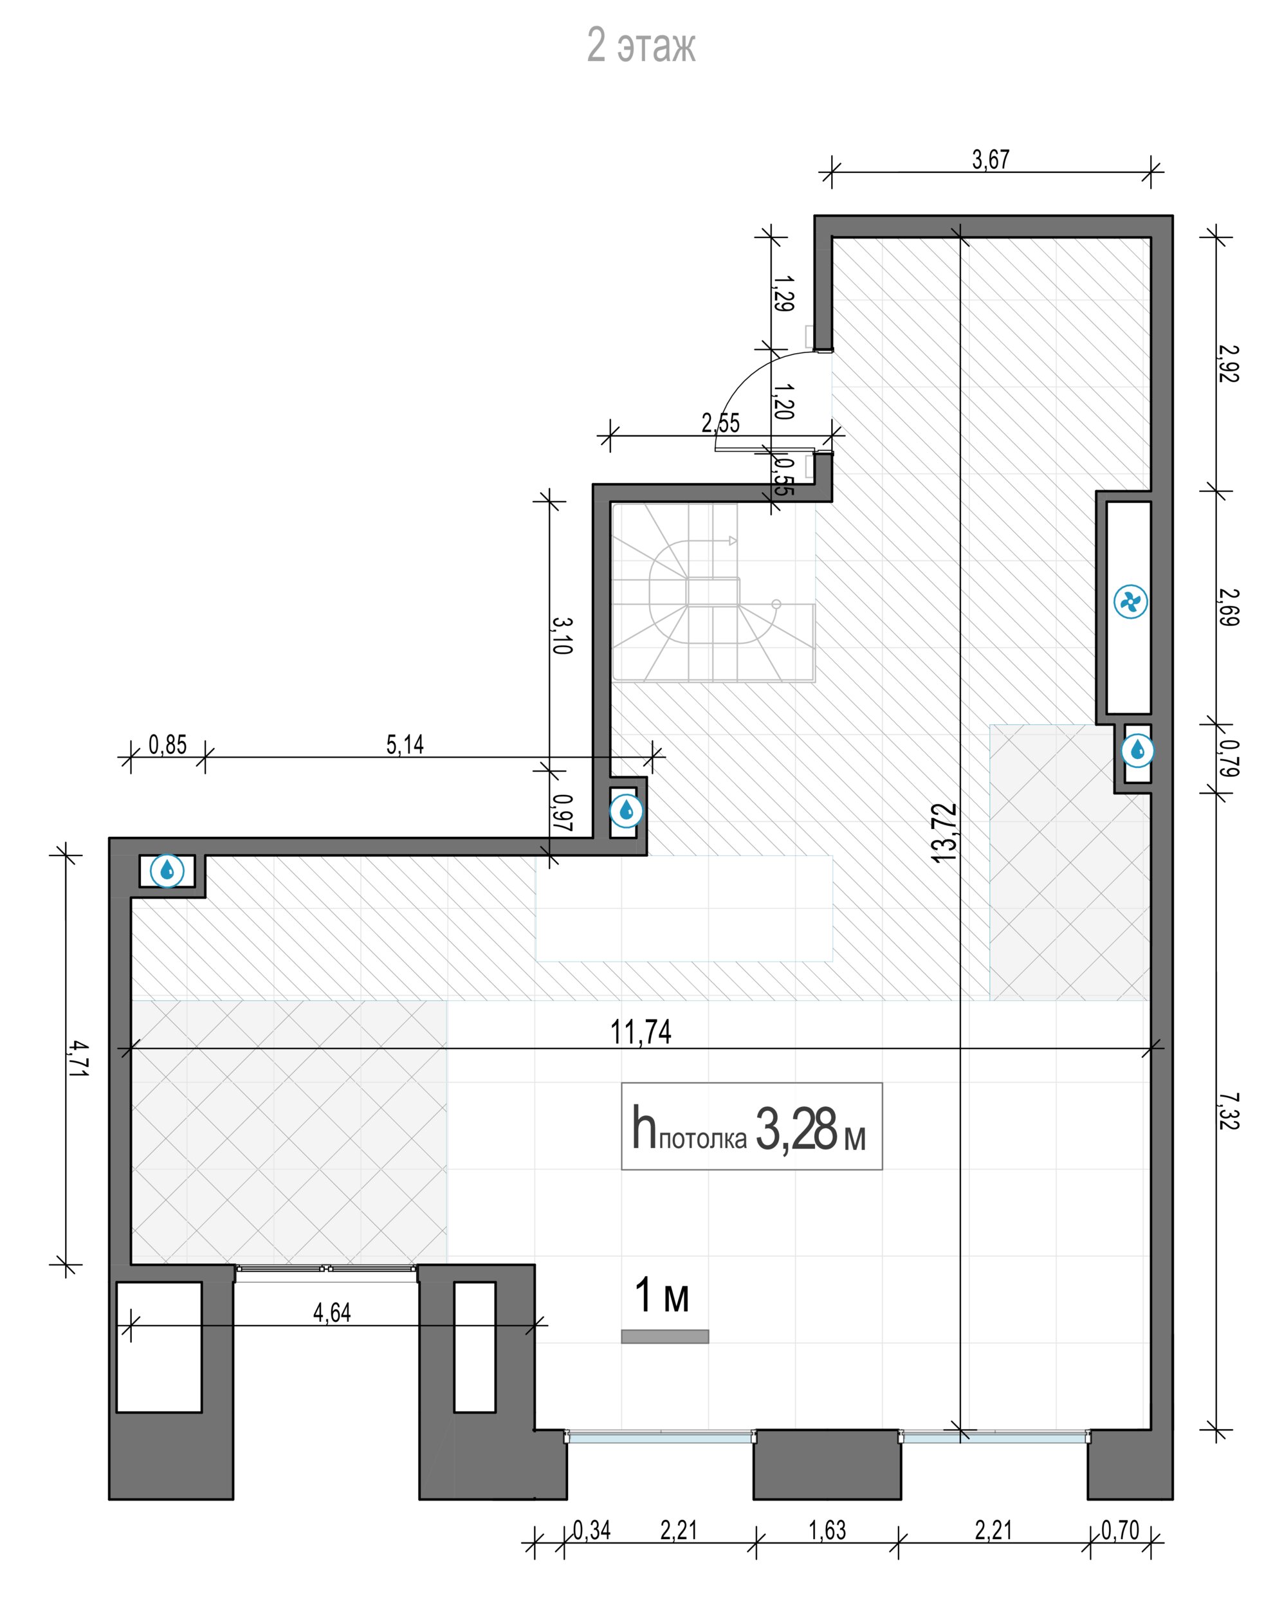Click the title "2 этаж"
pyautogui.click(x=641, y=46)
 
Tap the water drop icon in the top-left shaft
pyautogui.click(x=167, y=870)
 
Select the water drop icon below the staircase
pyautogui.click(x=626, y=810)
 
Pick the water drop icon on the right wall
pyautogui.click(x=1137, y=751)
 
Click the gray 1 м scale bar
pyautogui.click(x=664, y=1337)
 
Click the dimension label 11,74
pyautogui.click(x=641, y=1032)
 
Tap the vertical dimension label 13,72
pyautogui.click(x=944, y=833)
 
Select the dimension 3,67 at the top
pyautogui.click(x=991, y=159)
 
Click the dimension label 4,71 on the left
pyautogui.click(x=78, y=1058)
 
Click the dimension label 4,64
pyautogui.click(x=332, y=1313)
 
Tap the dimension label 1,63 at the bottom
pyautogui.click(x=827, y=1530)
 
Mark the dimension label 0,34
pyautogui.click(x=591, y=1530)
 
